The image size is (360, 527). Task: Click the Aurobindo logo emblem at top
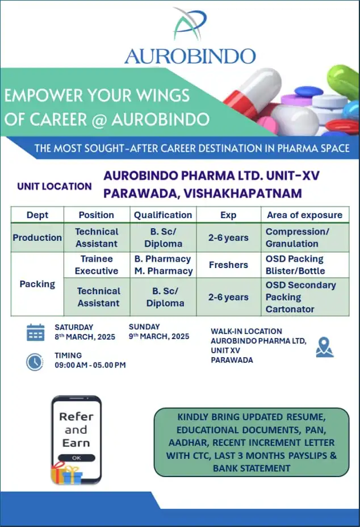(x=189, y=24)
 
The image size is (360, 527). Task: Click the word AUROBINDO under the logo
(x=190, y=56)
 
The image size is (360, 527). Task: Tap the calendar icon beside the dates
(x=35, y=332)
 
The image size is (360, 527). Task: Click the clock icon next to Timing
(x=35, y=362)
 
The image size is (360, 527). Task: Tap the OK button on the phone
(x=76, y=458)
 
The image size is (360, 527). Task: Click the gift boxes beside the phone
(x=66, y=473)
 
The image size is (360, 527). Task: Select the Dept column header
(x=37, y=215)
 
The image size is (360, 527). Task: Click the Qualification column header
(x=163, y=215)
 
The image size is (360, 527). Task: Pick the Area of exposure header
(x=304, y=215)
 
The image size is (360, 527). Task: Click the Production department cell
(x=37, y=237)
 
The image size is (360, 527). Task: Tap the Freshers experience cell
(x=229, y=265)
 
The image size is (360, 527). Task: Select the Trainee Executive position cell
(x=97, y=265)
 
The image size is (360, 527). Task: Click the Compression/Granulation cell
(x=297, y=237)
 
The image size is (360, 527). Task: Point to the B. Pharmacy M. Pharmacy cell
(x=164, y=265)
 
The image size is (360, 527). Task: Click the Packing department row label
(x=37, y=284)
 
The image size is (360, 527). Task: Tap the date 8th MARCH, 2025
(x=85, y=337)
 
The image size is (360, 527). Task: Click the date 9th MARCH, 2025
(x=159, y=336)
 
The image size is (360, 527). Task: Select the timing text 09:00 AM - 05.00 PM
(x=90, y=365)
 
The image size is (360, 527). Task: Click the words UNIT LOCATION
(x=55, y=186)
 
